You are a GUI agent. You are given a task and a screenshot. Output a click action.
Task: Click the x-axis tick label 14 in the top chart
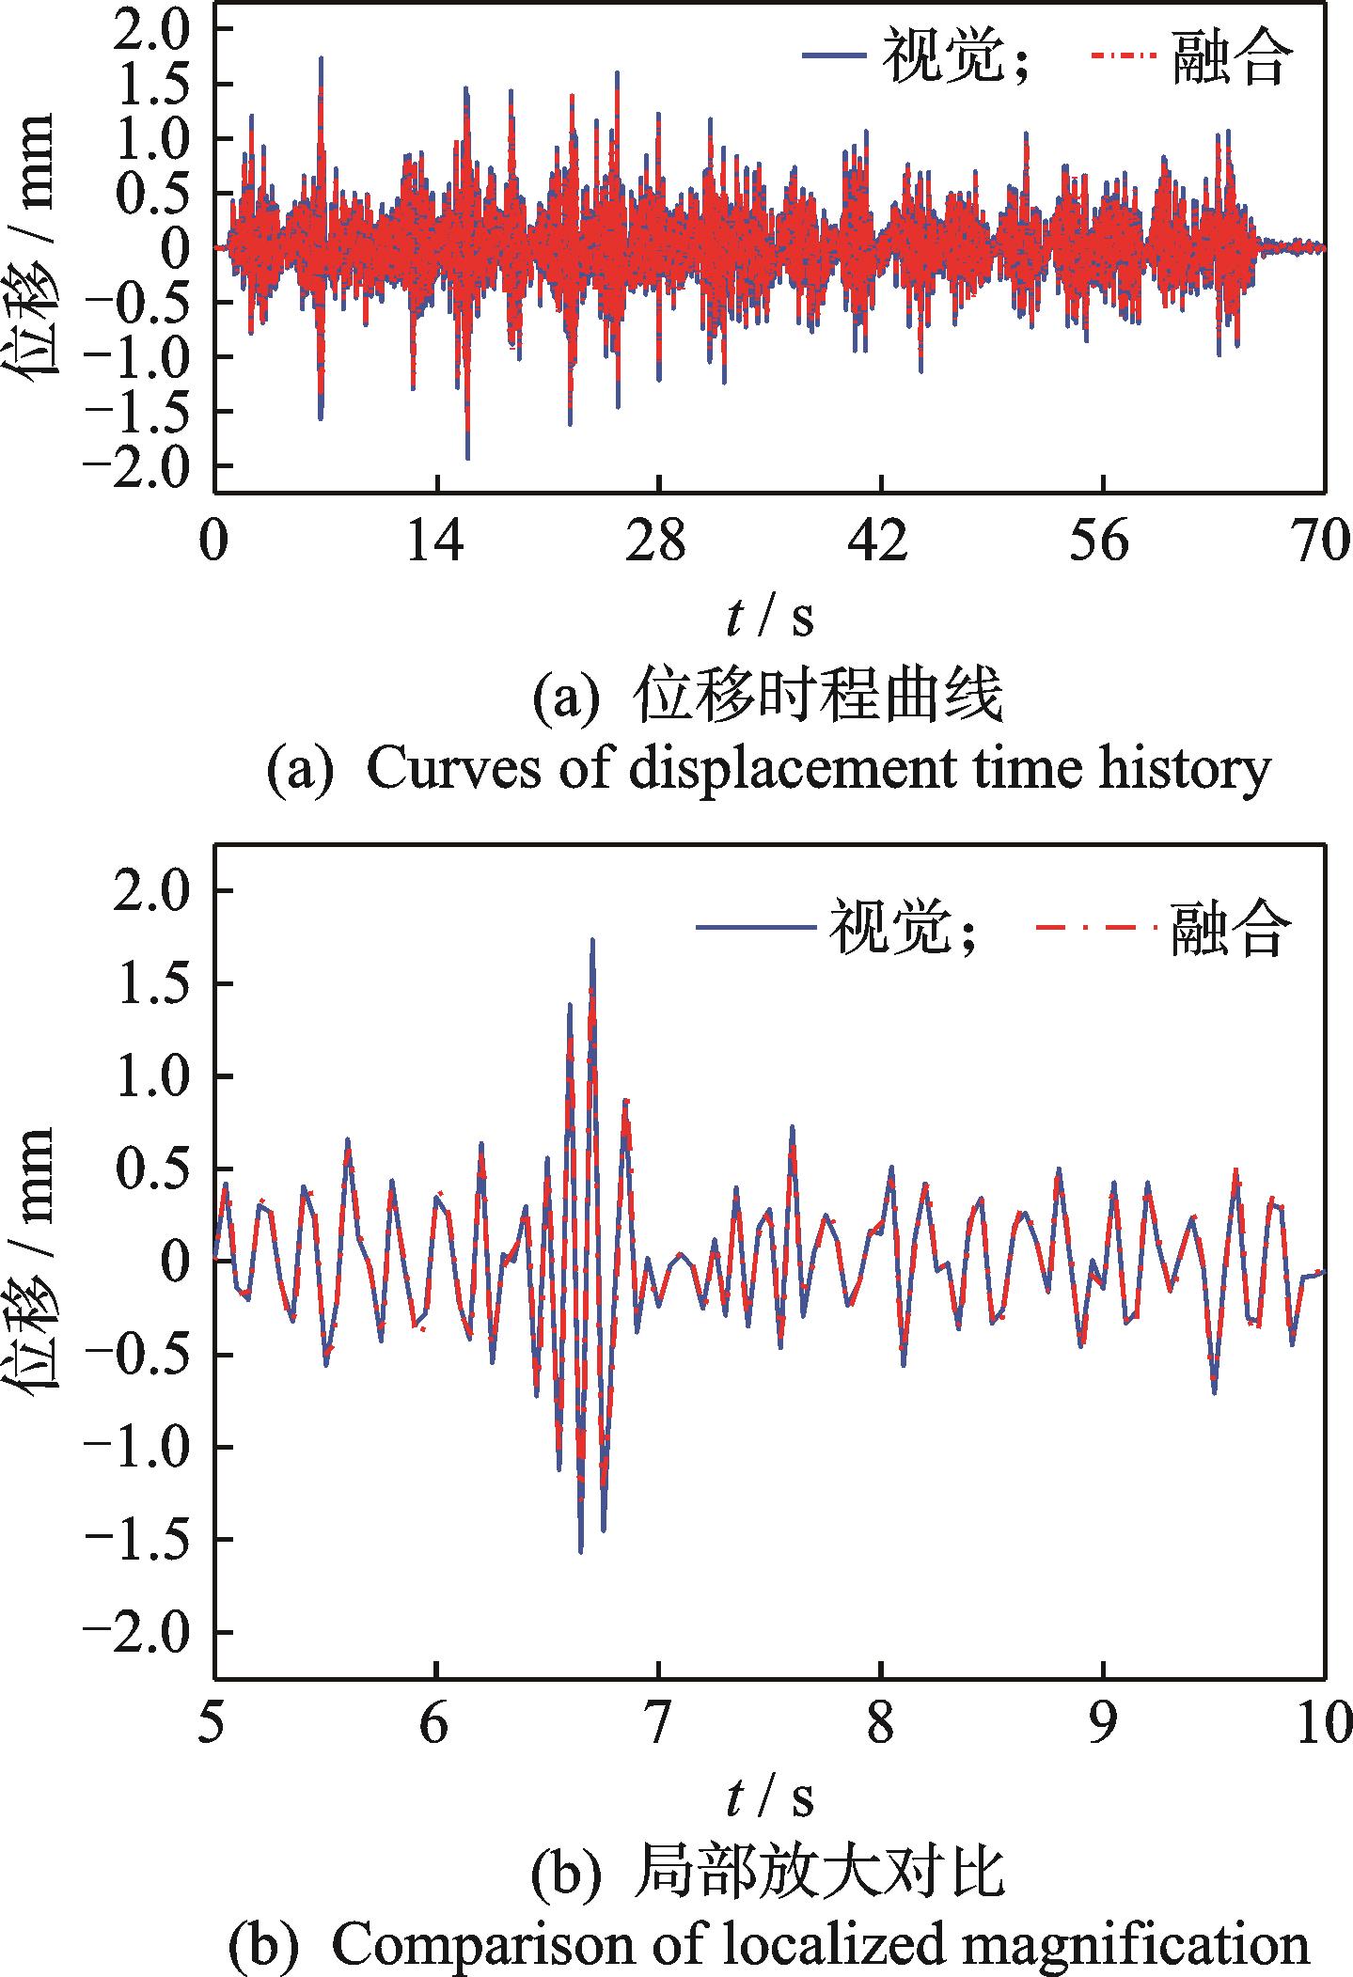437,543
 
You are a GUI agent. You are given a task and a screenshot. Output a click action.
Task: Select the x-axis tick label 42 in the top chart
881,543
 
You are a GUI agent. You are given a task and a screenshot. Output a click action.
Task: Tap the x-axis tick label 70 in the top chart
1322,543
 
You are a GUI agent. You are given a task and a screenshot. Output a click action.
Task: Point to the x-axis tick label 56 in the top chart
1103,543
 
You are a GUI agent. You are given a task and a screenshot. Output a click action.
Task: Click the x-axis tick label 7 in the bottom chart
658,1725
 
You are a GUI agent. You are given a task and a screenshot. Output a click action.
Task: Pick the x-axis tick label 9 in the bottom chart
1103,1725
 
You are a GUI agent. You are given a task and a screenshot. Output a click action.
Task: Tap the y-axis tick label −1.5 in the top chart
144,411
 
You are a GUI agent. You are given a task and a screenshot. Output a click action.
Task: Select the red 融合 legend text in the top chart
1230,58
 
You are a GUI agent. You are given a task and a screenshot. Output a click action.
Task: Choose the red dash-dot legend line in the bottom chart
1095,928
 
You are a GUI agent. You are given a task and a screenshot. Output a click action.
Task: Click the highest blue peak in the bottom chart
592,940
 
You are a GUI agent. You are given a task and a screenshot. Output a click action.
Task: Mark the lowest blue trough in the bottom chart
580,1551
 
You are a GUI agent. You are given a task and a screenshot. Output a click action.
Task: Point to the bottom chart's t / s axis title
769,1797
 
